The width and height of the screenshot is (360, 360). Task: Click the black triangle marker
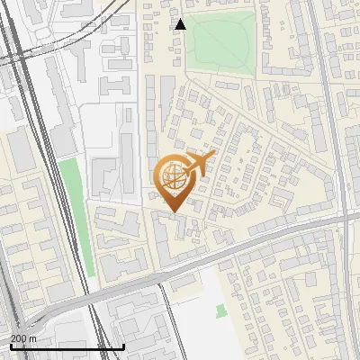[x=181, y=24]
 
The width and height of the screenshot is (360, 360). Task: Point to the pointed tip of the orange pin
[x=170, y=212]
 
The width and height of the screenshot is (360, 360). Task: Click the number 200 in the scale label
[x=18, y=338]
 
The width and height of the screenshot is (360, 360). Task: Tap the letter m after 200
[x=33, y=338]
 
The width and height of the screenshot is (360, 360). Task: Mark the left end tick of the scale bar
[x=10, y=346]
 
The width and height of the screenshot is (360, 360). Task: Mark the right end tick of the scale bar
[x=123, y=346]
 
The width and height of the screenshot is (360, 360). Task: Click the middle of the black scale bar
[x=67, y=346]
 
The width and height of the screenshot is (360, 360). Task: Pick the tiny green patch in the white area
[x=220, y=311]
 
